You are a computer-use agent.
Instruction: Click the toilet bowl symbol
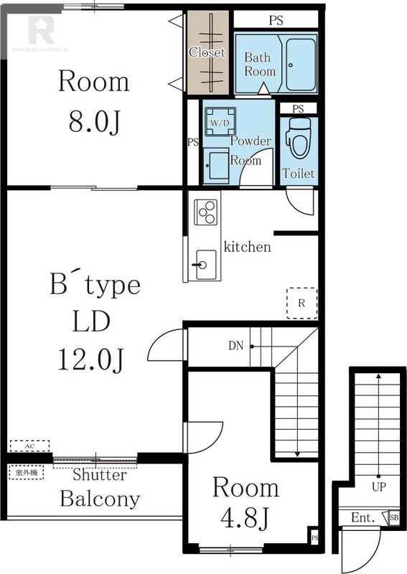(x=298, y=138)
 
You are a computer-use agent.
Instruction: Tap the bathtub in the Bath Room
(x=300, y=64)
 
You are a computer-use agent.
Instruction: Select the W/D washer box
(x=220, y=122)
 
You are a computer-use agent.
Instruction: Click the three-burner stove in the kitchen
(x=205, y=212)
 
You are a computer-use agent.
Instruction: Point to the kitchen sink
(x=206, y=264)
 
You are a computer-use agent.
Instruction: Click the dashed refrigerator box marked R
(x=302, y=303)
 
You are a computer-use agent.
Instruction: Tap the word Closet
(x=207, y=52)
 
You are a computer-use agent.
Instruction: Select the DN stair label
(x=235, y=346)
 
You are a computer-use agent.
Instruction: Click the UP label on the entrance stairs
(x=379, y=487)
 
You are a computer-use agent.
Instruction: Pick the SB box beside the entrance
(x=394, y=517)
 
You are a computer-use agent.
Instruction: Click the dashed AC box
(x=29, y=446)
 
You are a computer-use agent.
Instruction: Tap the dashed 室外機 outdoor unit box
(x=27, y=472)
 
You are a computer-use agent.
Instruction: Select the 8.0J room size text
(x=94, y=122)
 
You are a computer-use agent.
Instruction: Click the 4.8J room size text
(x=245, y=517)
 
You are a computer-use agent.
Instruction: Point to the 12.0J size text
(x=91, y=360)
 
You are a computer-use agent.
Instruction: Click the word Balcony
(x=100, y=499)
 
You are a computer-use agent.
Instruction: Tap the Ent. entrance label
(x=362, y=517)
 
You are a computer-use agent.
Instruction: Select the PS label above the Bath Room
(x=276, y=20)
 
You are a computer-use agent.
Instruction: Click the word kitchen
(x=247, y=247)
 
